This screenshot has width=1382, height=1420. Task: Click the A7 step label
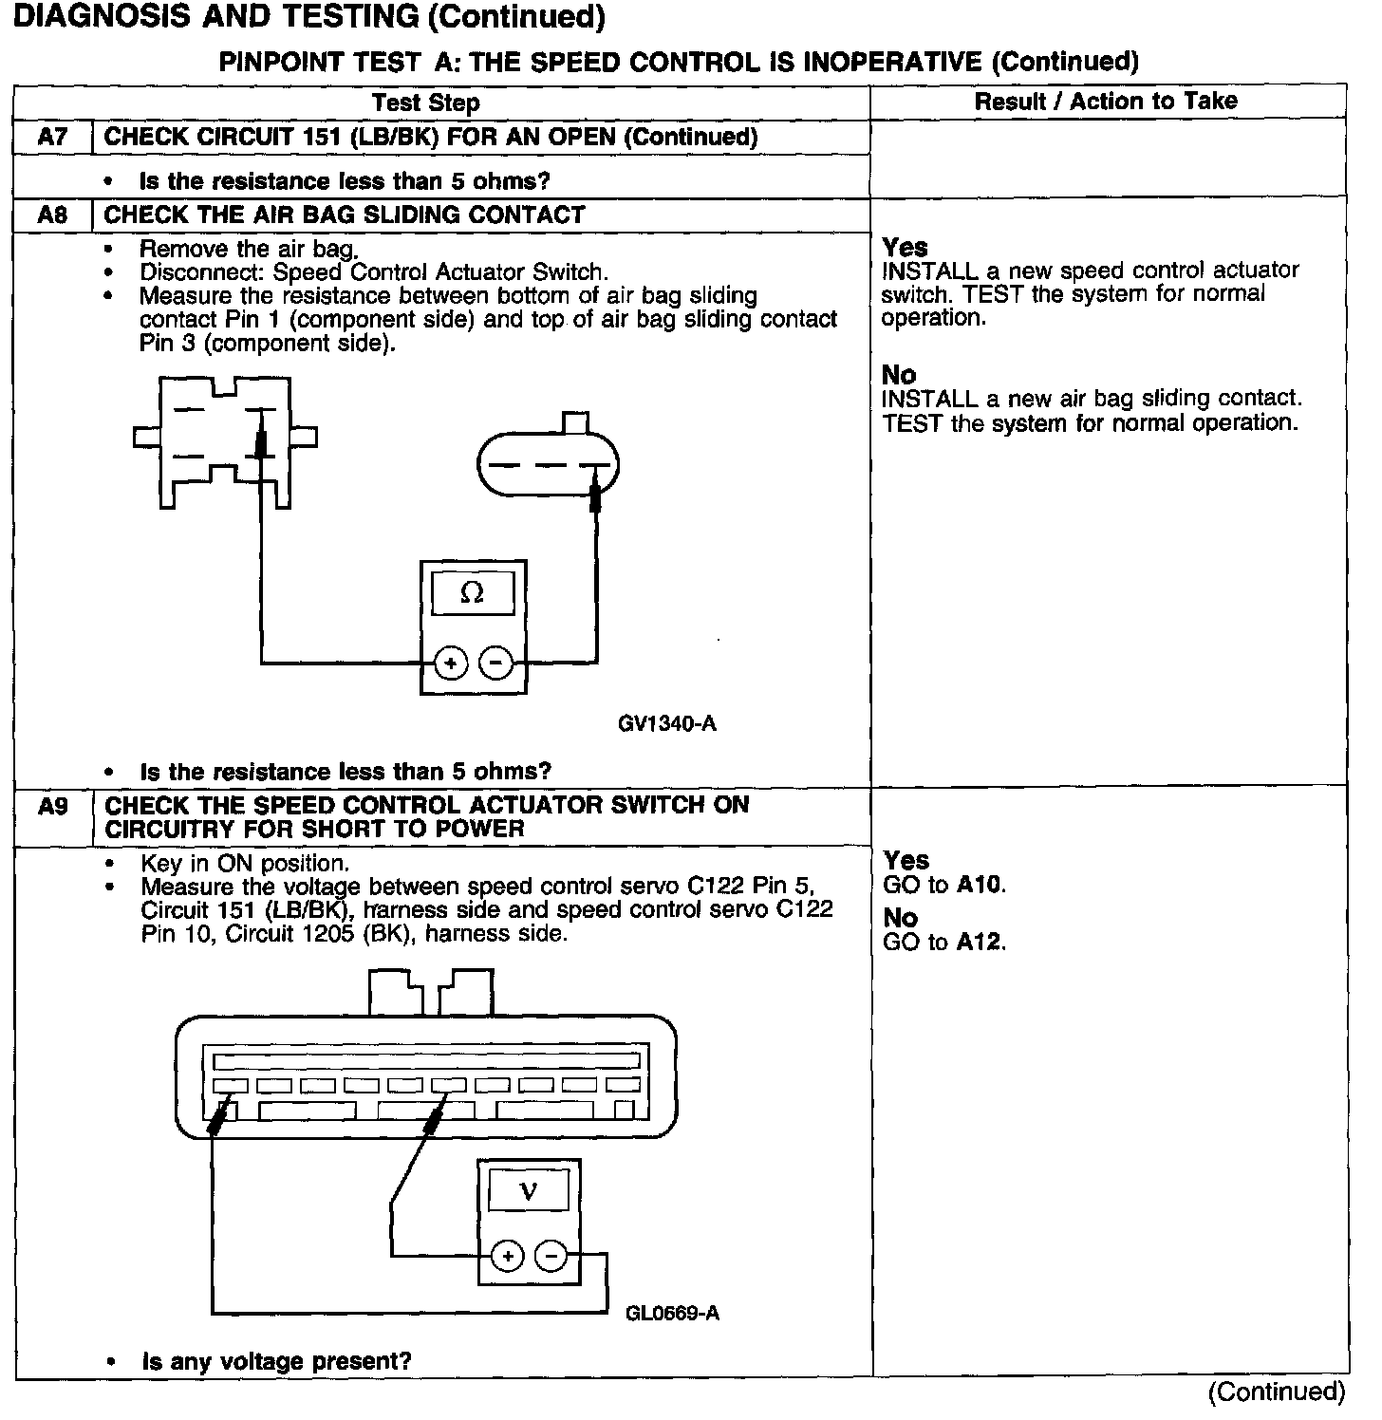click(x=53, y=137)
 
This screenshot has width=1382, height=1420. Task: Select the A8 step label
click(x=53, y=215)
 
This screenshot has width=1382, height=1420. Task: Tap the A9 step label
click(x=53, y=806)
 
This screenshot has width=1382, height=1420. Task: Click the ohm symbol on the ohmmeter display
click(x=472, y=594)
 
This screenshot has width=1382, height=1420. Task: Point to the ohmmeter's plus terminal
click(x=451, y=663)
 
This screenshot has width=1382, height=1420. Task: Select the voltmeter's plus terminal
click(x=508, y=1257)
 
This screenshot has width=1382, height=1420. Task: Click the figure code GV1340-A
click(x=666, y=724)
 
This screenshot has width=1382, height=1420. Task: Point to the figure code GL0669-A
click(x=672, y=1314)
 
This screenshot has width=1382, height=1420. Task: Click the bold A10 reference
click(x=979, y=886)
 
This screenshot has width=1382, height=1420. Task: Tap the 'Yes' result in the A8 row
click(x=905, y=248)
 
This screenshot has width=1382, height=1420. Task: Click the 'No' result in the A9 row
click(x=900, y=918)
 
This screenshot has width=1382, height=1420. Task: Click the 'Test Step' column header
click(x=426, y=103)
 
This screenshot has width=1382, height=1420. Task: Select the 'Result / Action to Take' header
click(x=1106, y=102)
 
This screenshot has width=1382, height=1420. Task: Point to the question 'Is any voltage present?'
click(x=276, y=1361)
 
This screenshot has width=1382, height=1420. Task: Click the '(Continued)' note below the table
click(x=1276, y=1392)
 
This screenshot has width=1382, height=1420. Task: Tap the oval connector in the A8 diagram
click(x=548, y=465)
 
